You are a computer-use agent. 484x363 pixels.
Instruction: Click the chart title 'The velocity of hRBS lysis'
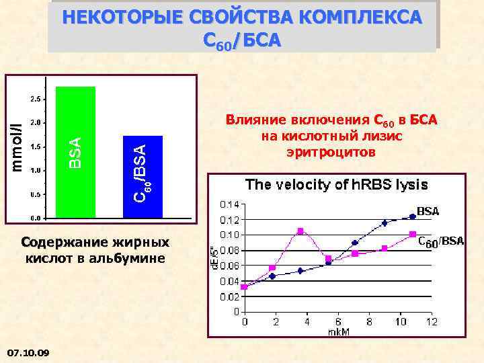(x=336, y=184)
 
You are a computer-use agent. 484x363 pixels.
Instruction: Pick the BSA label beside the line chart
(x=428, y=211)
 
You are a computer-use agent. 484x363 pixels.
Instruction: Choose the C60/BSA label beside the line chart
(x=441, y=241)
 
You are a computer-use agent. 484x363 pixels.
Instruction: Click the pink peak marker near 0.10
(x=300, y=231)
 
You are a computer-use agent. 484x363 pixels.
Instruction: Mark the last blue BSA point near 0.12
(x=412, y=216)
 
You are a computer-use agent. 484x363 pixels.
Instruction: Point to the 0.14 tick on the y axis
(x=230, y=204)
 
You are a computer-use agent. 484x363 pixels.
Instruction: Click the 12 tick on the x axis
(x=432, y=321)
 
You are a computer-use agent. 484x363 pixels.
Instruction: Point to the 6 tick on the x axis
(x=338, y=321)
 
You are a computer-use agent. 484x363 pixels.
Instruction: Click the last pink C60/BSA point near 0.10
(x=412, y=234)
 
